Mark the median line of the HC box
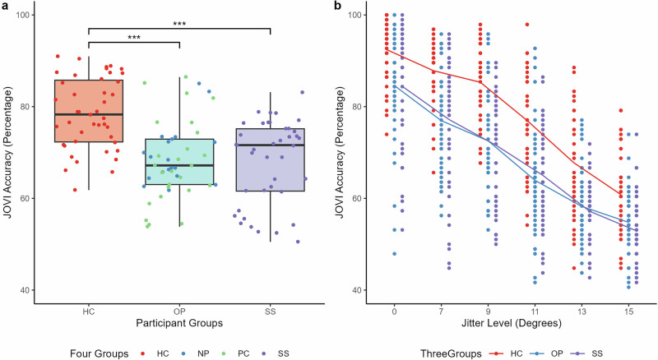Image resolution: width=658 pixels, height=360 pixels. [88, 114]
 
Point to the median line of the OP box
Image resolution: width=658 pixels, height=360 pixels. [179, 165]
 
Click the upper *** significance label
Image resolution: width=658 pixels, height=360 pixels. [179, 24]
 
